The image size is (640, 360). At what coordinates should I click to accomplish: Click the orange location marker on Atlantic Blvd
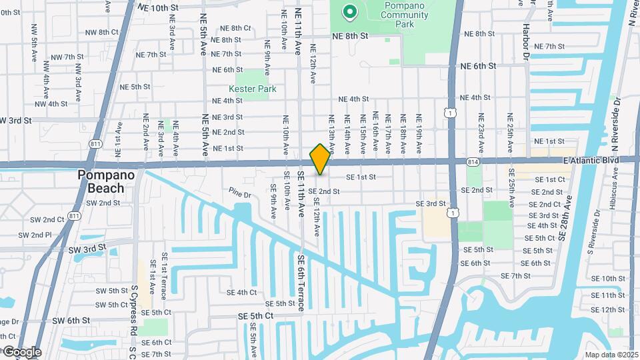(320, 159)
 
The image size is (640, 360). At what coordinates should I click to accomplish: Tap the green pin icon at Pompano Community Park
(348, 11)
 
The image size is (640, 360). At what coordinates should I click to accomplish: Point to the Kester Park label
(252, 89)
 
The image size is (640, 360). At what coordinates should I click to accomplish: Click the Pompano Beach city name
(107, 181)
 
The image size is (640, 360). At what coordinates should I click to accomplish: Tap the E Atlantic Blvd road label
(590, 160)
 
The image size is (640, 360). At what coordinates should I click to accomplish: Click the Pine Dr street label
(239, 195)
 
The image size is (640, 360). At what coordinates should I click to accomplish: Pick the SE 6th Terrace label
(301, 283)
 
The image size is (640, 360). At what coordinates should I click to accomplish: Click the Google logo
(21, 351)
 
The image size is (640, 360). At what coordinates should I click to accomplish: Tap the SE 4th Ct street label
(241, 292)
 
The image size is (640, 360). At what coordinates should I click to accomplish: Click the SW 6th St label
(71, 321)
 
